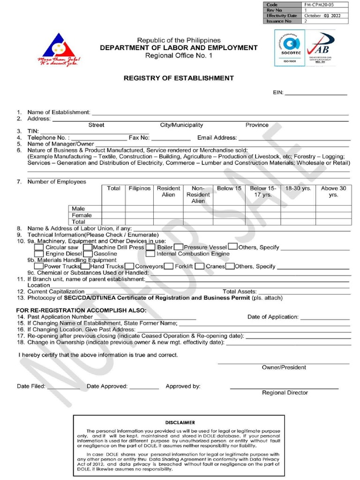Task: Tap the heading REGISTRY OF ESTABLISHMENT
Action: (178, 78)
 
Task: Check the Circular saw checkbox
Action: (40, 247)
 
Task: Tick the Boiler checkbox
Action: (150, 247)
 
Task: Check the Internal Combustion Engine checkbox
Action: (150, 254)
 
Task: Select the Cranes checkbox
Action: (200, 266)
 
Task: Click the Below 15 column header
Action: (229, 188)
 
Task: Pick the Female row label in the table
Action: (82, 215)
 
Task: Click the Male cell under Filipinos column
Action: (139, 209)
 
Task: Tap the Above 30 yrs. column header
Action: (333, 191)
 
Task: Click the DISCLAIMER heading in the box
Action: (180, 422)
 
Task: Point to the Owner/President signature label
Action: (284, 367)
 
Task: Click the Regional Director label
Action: (285, 393)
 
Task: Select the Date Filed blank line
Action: (63, 387)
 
